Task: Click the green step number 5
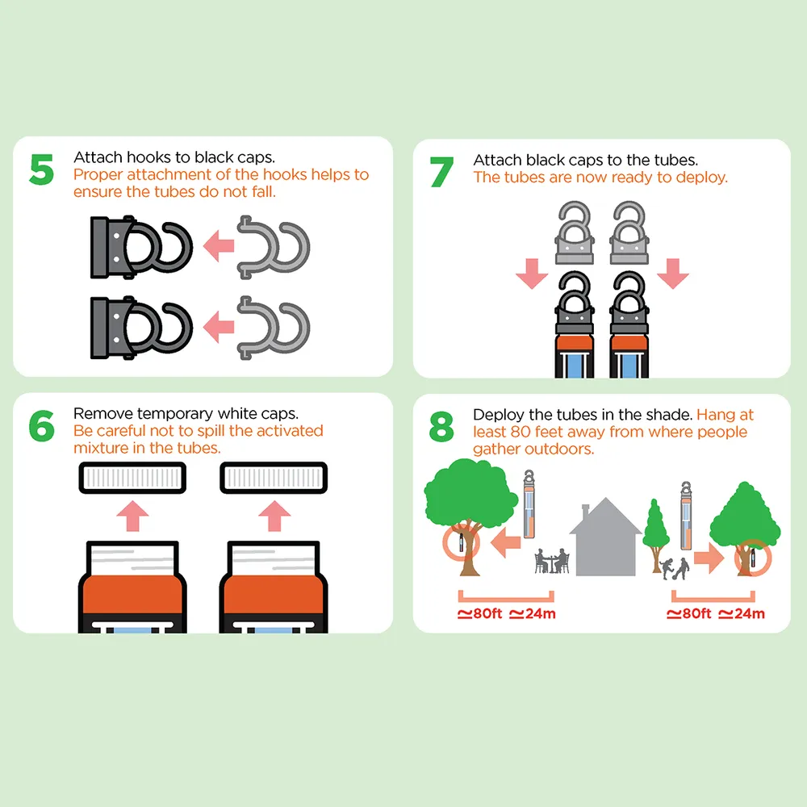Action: (x=42, y=169)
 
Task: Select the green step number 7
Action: (x=441, y=172)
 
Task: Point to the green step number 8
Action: (x=441, y=427)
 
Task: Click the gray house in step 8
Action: (x=605, y=537)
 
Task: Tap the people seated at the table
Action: (x=552, y=561)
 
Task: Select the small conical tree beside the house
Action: (x=655, y=535)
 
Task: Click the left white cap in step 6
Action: (x=132, y=478)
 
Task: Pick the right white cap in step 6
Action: (x=274, y=478)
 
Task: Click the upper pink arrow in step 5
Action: (x=219, y=245)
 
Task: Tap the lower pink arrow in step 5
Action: (x=219, y=326)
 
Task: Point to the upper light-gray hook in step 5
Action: (x=274, y=248)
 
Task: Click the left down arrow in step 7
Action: (x=532, y=274)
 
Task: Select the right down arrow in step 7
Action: (x=673, y=274)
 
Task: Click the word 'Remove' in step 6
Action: (x=103, y=413)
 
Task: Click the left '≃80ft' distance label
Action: (x=479, y=613)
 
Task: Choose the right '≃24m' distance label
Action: (x=742, y=613)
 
